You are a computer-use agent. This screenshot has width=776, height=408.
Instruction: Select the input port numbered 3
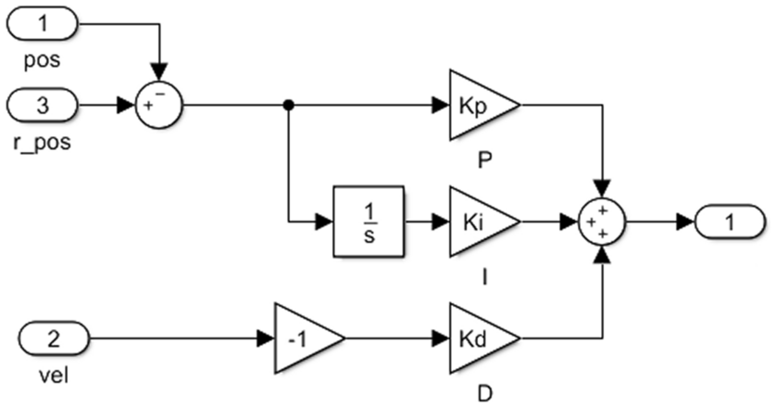coord(43,106)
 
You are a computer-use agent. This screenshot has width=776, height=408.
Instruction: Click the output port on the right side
coord(730,223)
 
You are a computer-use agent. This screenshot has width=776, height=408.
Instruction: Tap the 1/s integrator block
coord(369,223)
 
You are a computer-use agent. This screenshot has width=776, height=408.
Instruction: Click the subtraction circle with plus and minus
coord(160,106)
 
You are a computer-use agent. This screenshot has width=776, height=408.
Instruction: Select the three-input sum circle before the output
coord(603,223)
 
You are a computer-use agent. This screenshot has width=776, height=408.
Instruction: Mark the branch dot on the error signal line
coord(289,106)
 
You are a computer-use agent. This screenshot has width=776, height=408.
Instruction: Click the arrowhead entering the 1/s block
coord(324,223)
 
